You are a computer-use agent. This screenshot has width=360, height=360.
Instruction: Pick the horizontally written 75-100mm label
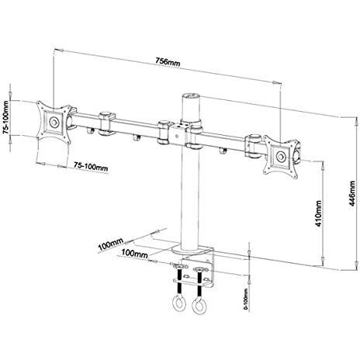click(x=91, y=166)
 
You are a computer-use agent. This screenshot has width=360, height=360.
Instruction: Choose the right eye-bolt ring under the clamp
click(x=201, y=302)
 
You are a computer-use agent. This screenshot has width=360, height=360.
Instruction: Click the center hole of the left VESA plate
click(x=54, y=122)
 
